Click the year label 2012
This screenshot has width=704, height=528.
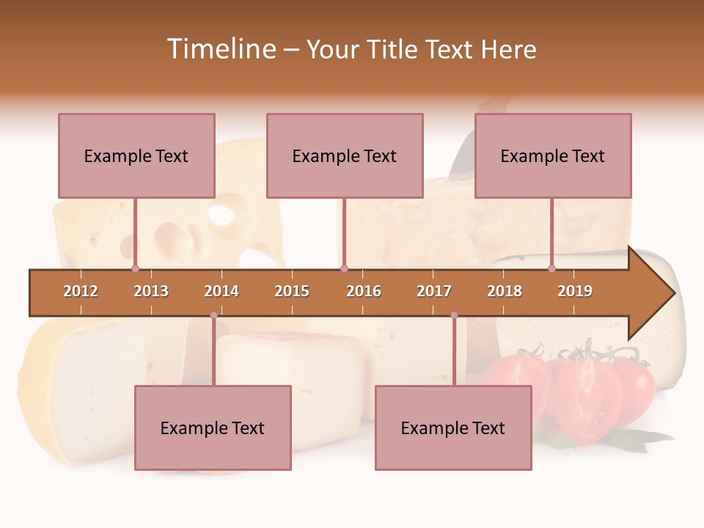(81, 291)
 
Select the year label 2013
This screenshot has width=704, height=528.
(151, 291)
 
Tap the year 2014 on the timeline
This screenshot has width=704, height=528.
(221, 291)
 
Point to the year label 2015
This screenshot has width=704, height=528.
(292, 291)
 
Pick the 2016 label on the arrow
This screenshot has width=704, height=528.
(364, 291)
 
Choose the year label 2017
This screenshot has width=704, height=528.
(434, 291)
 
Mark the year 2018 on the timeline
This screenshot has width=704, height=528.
(505, 291)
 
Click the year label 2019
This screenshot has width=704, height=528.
(575, 291)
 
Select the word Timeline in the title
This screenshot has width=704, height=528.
(220, 49)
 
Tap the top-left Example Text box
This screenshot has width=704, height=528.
(136, 156)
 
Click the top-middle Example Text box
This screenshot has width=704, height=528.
(345, 156)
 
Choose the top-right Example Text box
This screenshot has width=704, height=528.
(553, 156)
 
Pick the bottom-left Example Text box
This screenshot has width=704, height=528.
(213, 428)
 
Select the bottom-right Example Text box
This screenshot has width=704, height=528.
(453, 428)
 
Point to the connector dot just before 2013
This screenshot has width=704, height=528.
(136, 269)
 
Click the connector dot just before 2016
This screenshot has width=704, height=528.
(345, 269)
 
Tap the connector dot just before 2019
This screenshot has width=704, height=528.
(552, 269)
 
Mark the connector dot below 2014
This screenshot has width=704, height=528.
(213, 315)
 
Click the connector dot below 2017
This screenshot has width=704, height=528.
(454, 315)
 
